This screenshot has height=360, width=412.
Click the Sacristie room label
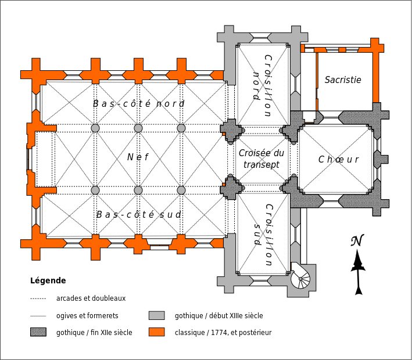click(x=343, y=80)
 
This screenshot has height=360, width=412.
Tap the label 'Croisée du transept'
click(x=261, y=159)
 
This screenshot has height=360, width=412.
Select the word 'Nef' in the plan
click(x=138, y=157)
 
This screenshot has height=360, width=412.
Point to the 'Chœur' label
click(x=338, y=160)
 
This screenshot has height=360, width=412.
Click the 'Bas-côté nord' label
click(x=138, y=104)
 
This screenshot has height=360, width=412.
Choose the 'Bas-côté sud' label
click(x=138, y=214)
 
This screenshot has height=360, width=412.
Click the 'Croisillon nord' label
click(x=262, y=86)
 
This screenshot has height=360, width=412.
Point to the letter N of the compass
click(x=357, y=241)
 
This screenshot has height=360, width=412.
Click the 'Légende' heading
click(x=48, y=280)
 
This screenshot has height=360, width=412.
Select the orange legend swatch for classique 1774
click(x=156, y=333)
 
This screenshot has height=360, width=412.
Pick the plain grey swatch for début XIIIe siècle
click(x=156, y=316)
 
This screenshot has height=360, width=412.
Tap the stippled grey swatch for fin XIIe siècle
click(x=38, y=333)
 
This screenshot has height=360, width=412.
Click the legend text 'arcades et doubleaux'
click(x=91, y=298)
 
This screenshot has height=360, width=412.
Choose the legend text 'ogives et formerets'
click(x=87, y=316)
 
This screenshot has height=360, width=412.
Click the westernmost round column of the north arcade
click(x=95, y=128)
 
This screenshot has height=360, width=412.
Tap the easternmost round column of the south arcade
click(x=181, y=190)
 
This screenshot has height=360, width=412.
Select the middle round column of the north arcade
click(x=138, y=128)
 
